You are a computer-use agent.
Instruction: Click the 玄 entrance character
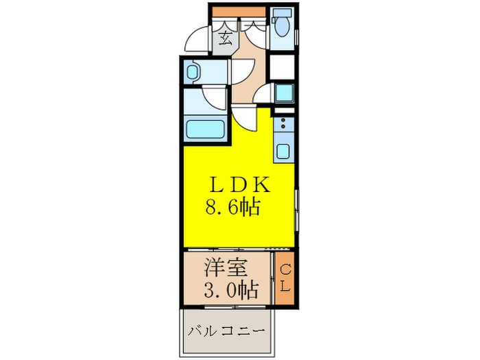tap(224, 38)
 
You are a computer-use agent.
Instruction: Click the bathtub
tap(207, 128)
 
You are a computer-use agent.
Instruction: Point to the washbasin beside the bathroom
tap(193, 71)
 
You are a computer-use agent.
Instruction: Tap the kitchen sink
tap(282, 149)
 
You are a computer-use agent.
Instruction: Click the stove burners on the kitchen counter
tap(281, 125)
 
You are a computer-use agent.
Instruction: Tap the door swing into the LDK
tap(241, 120)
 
